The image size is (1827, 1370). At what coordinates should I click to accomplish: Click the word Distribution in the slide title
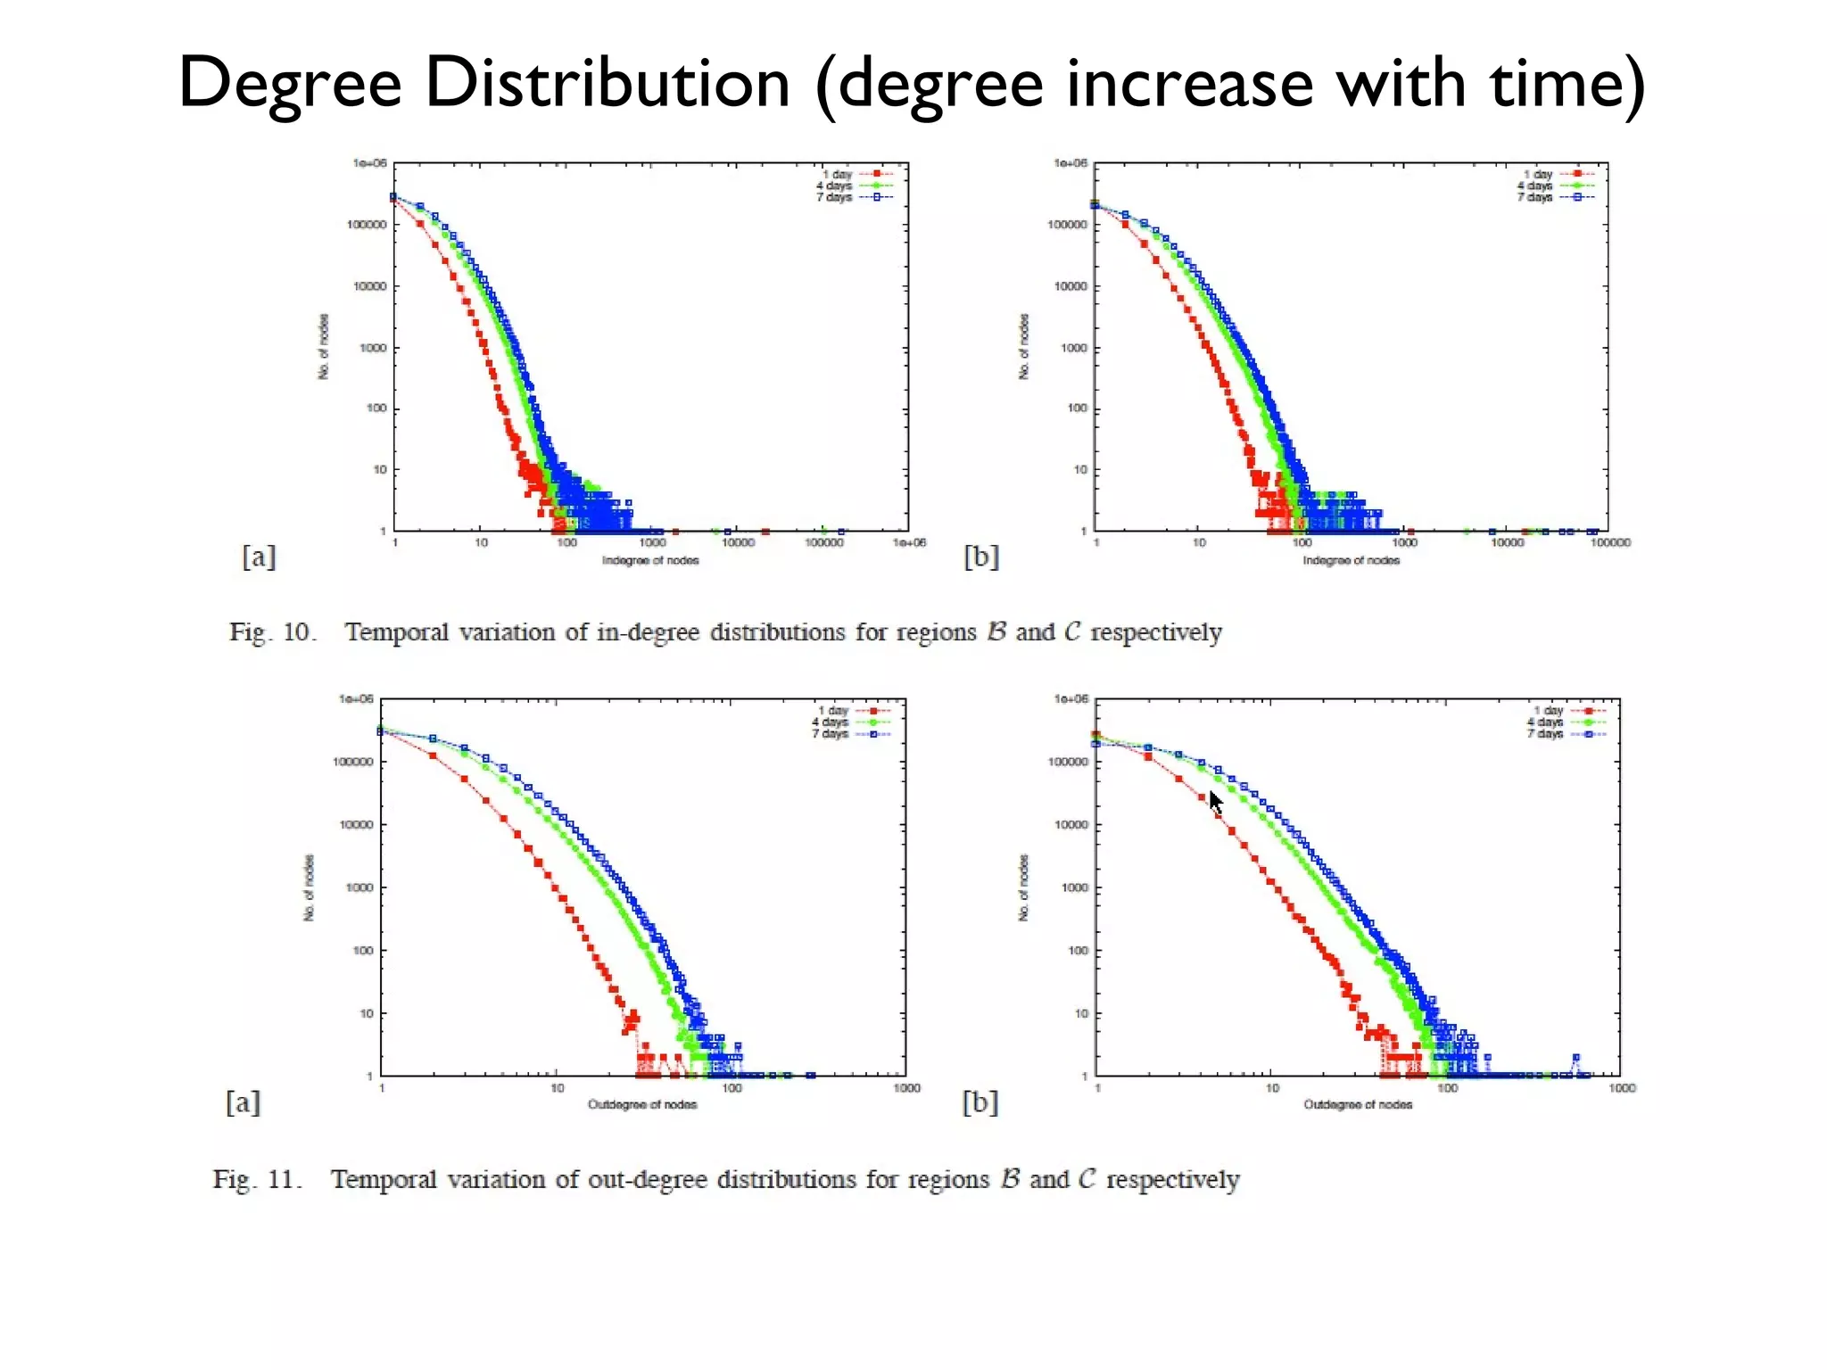(x=607, y=82)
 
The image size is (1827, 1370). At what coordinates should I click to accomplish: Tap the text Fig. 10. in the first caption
(x=272, y=632)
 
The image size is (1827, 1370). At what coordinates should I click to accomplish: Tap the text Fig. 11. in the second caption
(x=257, y=1179)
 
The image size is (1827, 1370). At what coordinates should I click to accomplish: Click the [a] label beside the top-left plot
(x=259, y=557)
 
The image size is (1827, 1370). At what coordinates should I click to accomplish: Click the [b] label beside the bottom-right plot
(x=980, y=1102)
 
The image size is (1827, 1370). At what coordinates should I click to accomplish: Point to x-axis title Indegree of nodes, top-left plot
(x=649, y=560)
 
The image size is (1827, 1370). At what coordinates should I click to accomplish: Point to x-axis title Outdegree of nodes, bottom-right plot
(x=1358, y=1104)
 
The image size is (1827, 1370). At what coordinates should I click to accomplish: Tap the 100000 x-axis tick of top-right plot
(x=1609, y=542)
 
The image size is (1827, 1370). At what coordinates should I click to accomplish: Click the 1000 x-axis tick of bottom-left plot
(x=906, y=1088)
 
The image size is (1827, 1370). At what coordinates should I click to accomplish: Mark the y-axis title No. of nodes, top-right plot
(x=1024, y=346)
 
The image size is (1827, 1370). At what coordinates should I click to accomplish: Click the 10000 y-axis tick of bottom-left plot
(x=356, y=825)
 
